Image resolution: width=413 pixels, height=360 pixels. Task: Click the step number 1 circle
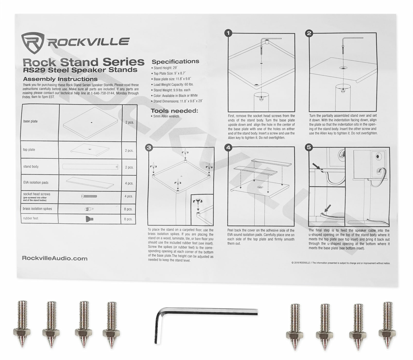[x=228, y=33]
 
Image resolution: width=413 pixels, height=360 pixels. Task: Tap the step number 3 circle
[x=149, y=148]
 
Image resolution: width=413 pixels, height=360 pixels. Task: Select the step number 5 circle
[x=309, y=147]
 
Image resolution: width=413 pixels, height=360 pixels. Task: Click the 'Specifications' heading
[x=175, y=61]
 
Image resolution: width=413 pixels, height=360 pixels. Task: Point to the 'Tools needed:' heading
[x=174, y=111]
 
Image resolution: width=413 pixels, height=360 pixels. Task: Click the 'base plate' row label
[x=30, y=121]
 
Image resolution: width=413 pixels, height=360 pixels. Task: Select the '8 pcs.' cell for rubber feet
[x=128, y=219]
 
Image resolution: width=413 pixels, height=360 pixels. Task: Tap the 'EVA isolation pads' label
[x=36, y=182]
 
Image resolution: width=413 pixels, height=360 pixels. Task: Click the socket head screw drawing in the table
[x=89, y=196]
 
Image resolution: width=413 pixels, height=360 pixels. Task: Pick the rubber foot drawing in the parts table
[x=89, y=219]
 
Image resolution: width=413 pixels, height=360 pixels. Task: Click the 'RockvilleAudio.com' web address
[x=55, y=258]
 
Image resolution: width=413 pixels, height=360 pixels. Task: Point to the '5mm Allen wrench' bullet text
[x=166, y=116]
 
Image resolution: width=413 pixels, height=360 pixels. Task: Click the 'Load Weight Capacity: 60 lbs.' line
[x=173, y=85]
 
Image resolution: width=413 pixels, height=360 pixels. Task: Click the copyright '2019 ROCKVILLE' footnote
[x=341, y=263]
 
